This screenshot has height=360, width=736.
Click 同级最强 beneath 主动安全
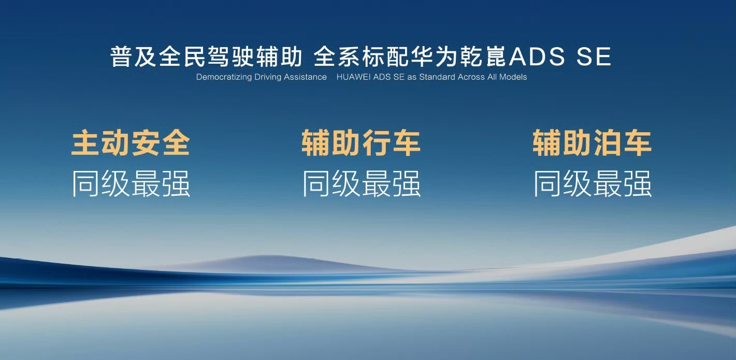coord(131,183)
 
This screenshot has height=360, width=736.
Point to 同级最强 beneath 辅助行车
coord(362,183)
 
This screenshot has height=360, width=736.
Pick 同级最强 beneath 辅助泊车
coord(593,183)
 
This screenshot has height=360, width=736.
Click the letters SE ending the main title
coord(594,56)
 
